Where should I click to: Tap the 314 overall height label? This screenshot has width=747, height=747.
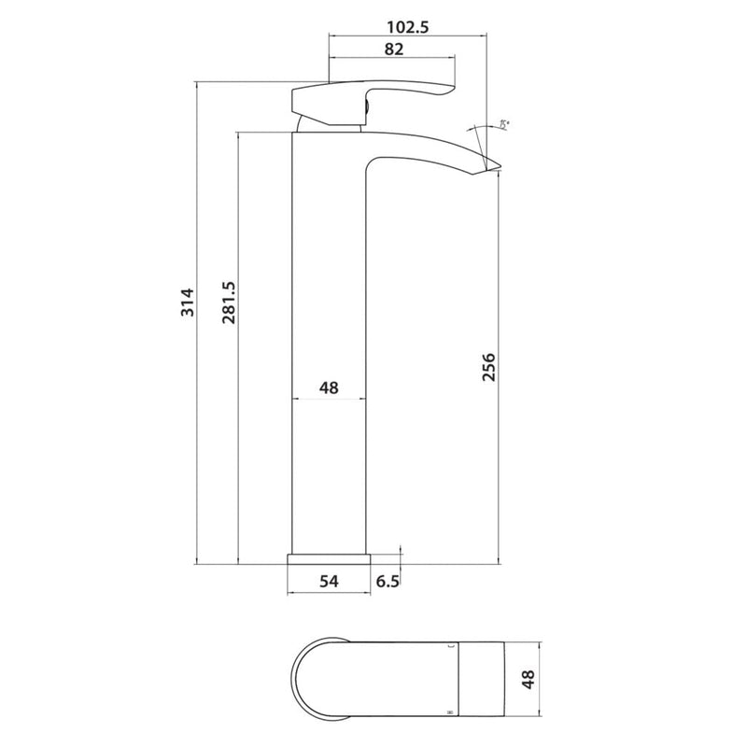[187, 301]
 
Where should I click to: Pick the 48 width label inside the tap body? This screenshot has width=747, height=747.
[328, 387]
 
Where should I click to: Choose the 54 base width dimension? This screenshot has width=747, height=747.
[329, 581]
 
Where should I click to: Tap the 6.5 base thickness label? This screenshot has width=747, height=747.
[388, 581]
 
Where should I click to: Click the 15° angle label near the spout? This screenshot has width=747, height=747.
[505, 123]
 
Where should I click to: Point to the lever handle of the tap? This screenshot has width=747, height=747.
[373, 93]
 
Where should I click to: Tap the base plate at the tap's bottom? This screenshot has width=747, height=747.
[329, 558]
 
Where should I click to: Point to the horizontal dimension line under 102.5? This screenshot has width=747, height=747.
[409, 38]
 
